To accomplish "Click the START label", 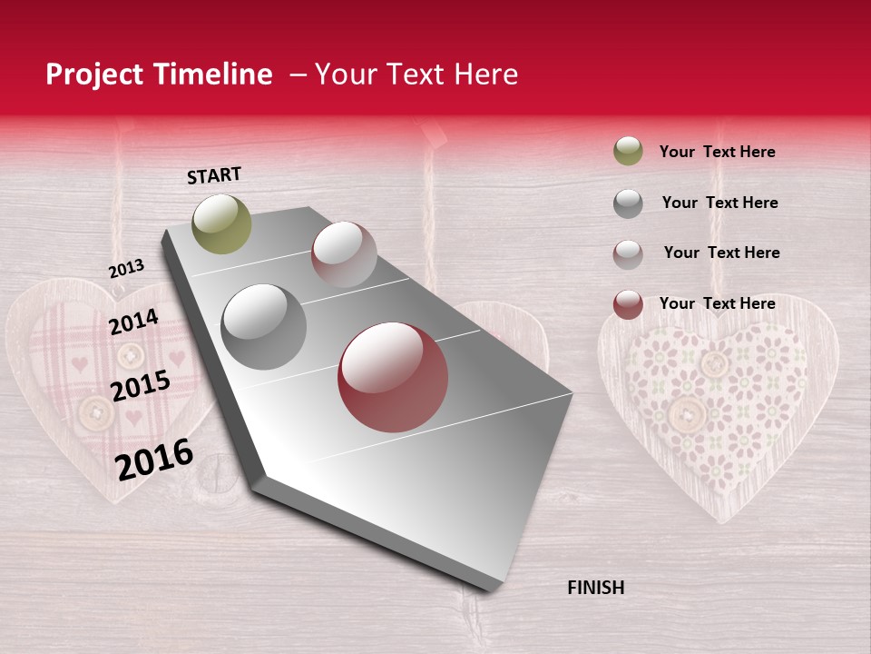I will (x=214, y=175).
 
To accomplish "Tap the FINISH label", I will (x=595, y=588).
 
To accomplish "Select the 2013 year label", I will (x=126, y=269).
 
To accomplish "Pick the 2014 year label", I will (x=133, y=322).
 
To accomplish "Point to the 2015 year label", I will (x=140, y=386).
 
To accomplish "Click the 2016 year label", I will (x=154, y=460).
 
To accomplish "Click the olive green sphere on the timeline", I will (x=221, y=223).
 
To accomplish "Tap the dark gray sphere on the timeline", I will (x=263, y=326).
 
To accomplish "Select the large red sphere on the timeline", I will (x=392, y=376).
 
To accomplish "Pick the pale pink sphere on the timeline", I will (x=343, y=253).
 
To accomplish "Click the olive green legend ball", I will (x=628, y=152).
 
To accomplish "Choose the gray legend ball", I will (x=628, y=203).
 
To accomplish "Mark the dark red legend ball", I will (x=628, y=304).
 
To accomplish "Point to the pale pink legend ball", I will (x=628, y=254).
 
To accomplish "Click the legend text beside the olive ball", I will (x=717, y=152).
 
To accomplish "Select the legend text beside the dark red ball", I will (x=717, y=303).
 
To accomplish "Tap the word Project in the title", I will (x=94, y=74).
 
